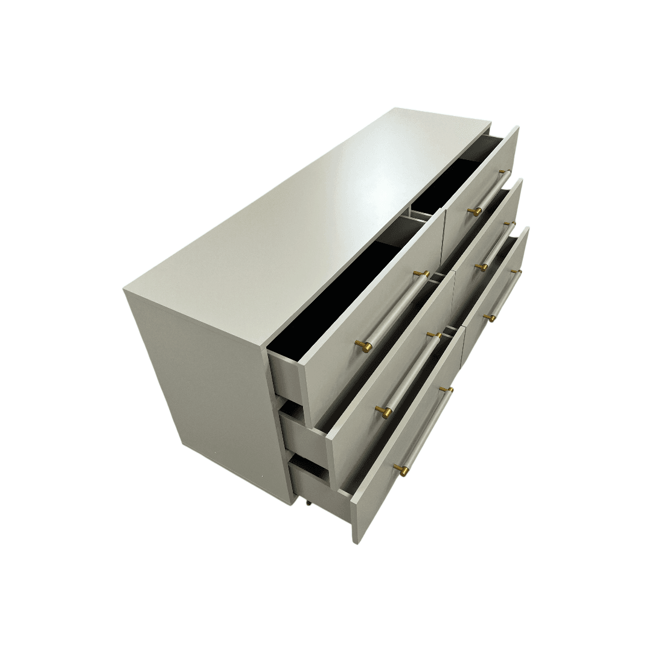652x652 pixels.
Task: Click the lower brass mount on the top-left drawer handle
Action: click(x=365, y=345)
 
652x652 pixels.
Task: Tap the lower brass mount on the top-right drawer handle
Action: click(x=475, y=211)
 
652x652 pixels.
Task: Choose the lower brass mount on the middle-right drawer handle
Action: click(x=482, y=266)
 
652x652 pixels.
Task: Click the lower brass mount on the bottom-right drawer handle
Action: click(x=490, y=317)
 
